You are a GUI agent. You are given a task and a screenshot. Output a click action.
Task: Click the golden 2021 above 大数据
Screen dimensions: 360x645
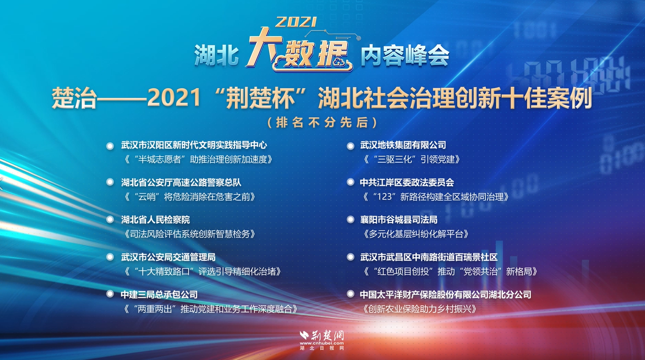point(296,22)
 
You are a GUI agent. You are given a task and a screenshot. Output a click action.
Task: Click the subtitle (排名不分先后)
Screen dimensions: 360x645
point(322,122)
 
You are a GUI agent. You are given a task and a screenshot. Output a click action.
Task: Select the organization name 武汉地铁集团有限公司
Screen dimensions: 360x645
point(403,145)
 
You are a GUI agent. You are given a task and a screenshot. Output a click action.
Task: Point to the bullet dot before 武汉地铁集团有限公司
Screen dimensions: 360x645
point(350,145)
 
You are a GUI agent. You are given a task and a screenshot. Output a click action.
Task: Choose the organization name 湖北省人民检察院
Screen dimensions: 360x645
point(155,219)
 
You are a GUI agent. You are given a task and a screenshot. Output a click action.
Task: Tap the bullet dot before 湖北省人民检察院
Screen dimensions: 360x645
point(110,219)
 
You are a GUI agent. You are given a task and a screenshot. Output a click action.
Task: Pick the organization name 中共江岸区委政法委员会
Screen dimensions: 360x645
point(407,182)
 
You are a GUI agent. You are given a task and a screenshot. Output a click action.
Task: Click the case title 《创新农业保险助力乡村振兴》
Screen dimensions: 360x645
point(419,309)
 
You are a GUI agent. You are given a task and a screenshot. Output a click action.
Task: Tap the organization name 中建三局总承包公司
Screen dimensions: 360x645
point(159,295)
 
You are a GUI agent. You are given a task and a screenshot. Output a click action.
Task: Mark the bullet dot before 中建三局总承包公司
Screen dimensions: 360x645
point(110,294)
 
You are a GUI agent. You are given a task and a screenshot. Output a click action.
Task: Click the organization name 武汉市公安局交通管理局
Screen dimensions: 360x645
point(168,257)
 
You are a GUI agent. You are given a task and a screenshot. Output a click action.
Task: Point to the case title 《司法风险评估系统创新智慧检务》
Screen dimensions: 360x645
point(188,233)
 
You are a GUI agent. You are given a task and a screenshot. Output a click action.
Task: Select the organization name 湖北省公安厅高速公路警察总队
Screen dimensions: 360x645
point(181,182)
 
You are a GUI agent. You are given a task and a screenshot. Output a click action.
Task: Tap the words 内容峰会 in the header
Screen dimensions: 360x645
point(404,55)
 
